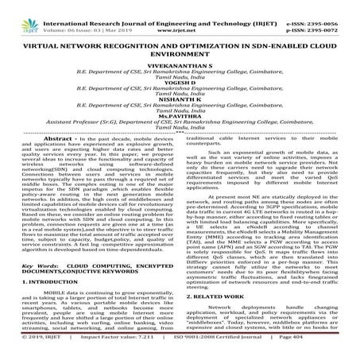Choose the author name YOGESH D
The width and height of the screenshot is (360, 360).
tap(179, 84)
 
